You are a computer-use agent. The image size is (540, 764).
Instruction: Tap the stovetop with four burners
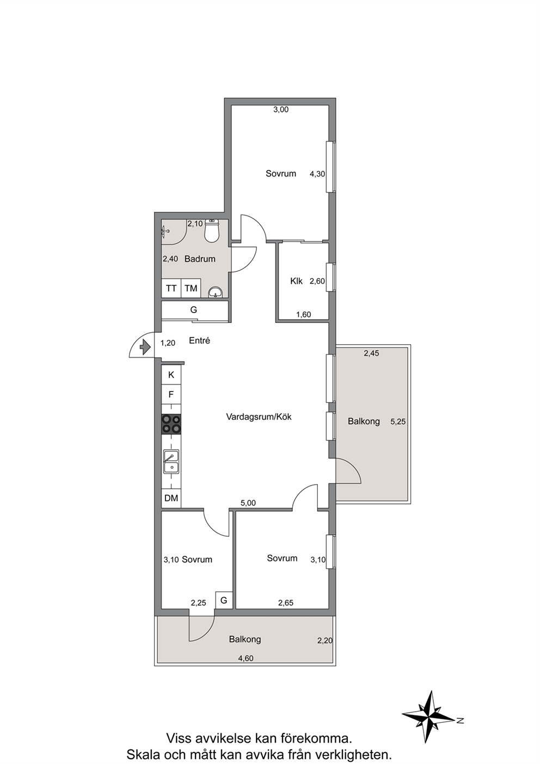171,424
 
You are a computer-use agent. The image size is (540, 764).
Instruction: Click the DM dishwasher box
171,498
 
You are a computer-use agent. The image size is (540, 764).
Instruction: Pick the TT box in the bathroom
171,289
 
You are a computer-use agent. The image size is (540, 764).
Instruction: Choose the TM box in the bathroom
191,289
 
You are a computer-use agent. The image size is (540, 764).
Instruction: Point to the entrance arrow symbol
145,347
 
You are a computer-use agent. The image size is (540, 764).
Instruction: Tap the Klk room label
296,282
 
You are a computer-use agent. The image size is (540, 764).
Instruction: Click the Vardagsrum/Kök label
259,417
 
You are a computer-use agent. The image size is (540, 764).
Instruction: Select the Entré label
200,340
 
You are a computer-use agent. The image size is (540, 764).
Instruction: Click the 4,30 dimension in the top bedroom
317,174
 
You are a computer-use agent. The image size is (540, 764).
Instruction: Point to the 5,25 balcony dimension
398,421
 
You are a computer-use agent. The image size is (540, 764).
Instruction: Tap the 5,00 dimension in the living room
248,503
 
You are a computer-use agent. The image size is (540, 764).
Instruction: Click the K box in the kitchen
171,375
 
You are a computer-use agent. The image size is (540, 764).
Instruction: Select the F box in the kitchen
171,395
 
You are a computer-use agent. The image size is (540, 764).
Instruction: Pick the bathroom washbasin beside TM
215,292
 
